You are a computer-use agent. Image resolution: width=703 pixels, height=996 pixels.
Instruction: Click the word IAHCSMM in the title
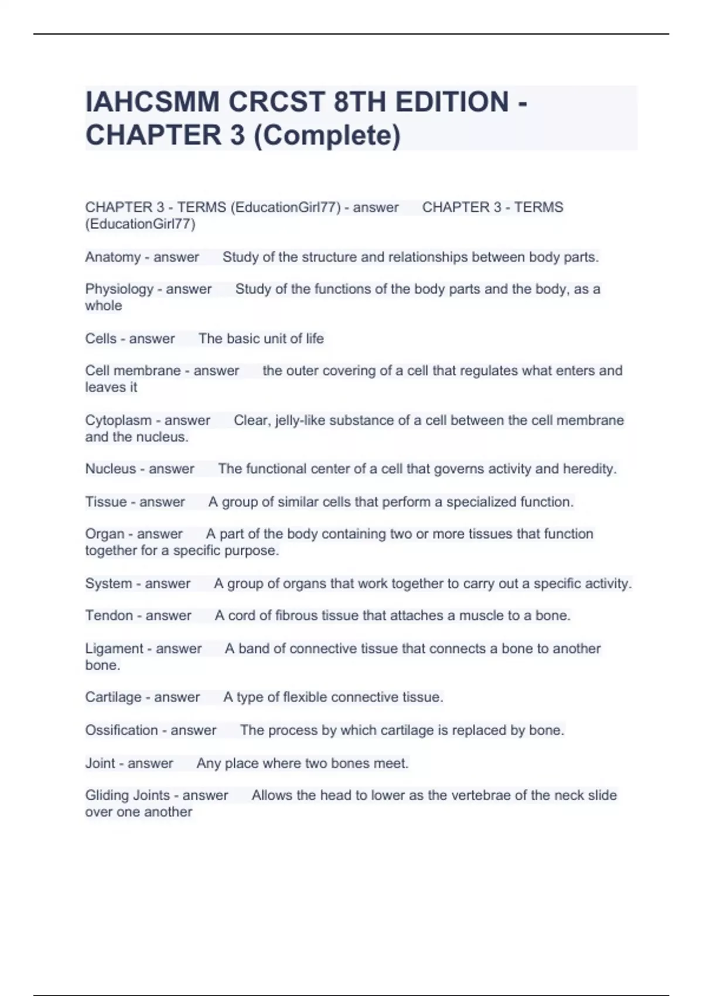[152, 102]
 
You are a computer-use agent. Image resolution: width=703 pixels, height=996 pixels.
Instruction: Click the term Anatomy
[112, 257]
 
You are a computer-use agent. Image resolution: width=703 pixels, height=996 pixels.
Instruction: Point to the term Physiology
[119, 289]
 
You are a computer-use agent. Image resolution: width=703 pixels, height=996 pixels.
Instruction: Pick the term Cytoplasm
[118, 421]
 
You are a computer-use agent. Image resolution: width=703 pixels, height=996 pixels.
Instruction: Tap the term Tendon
[109, 616]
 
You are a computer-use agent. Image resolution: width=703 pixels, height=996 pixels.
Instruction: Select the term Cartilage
[113, 697]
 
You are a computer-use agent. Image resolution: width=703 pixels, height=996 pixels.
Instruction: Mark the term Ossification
[121, 731]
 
